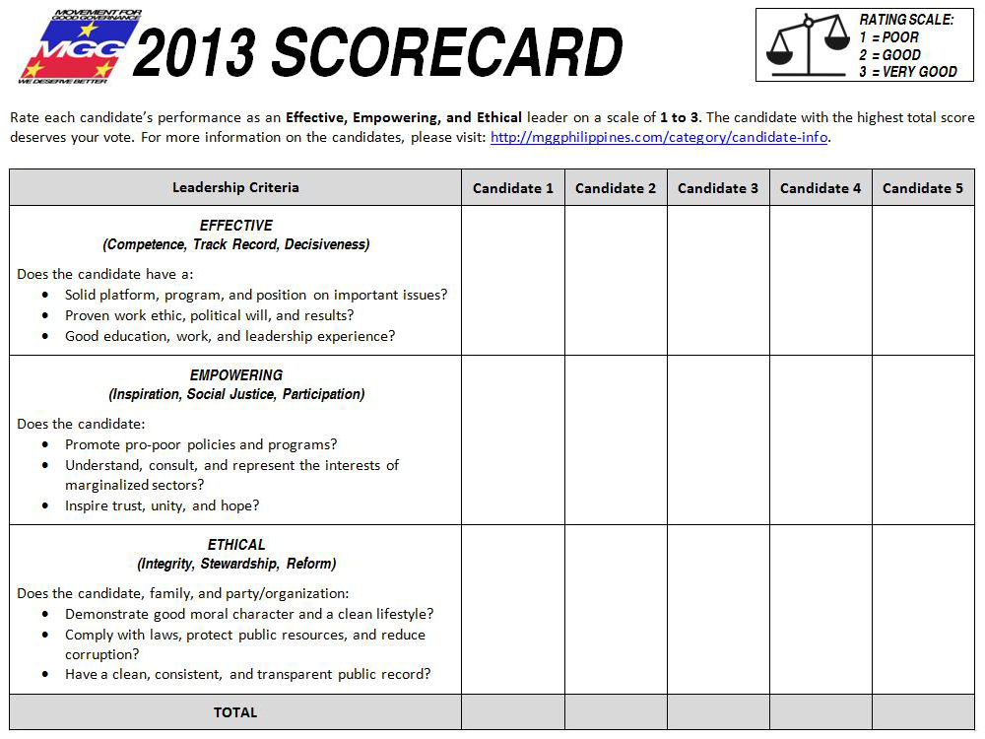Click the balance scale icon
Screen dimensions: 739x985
click(808, 45)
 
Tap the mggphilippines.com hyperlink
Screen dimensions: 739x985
click(659, 137)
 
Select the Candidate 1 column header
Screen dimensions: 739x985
click(513, 188)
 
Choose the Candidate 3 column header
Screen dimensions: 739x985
click(718, 188)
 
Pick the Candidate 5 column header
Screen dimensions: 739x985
click(923, 188)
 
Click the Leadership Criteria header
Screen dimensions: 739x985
click(235, 187)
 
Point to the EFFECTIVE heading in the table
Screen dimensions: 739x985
click(236, 226)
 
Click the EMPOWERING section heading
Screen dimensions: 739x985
click(236, 375)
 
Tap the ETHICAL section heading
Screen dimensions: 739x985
click(236, 545)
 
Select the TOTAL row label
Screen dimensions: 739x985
click(235, 712)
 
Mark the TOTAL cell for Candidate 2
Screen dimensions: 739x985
click(616, 712)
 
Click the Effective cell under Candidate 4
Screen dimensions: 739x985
click(821, 280)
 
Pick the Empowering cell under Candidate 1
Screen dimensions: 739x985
click(513, 439)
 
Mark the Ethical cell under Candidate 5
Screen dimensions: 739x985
click(923, 609)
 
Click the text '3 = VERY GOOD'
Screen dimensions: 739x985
click(907, 72)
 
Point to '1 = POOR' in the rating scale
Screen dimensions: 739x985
click(888, 37)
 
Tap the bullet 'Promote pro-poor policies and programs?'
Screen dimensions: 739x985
click(201, 444)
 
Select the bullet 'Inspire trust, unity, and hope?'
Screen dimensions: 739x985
click(163, 505)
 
